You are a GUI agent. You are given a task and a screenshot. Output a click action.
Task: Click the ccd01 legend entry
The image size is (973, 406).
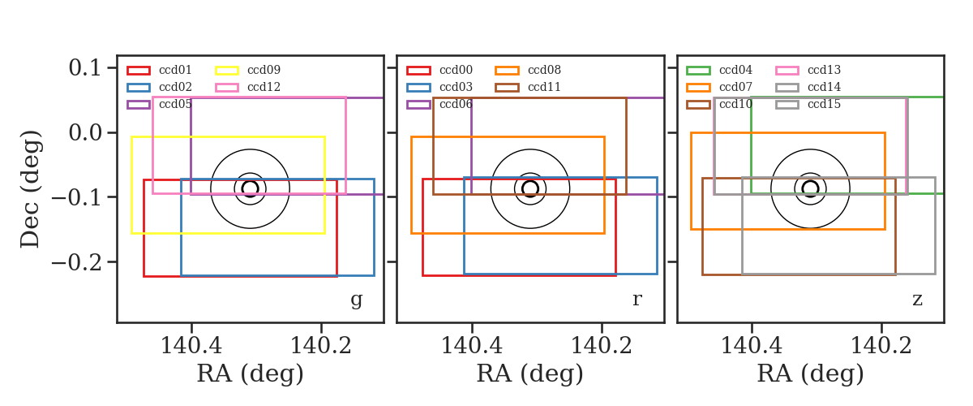click(x=159, y=70)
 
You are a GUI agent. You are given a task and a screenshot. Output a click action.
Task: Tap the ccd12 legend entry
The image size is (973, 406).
click(x=247, y=87)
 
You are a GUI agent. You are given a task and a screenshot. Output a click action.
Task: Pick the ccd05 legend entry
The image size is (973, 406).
click(x=159, y=105)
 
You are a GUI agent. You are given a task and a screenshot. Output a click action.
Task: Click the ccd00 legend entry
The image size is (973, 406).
click(x=439, y=70)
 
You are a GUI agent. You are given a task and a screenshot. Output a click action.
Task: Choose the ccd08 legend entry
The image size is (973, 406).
click(x=528, y=70)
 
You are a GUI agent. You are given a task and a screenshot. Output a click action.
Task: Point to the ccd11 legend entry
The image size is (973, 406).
click(x=528, y=87)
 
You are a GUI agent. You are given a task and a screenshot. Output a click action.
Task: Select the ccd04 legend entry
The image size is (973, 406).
click(x=719, y=70)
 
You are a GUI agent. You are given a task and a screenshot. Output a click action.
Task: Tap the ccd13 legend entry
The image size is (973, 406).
click(x=808, y=70)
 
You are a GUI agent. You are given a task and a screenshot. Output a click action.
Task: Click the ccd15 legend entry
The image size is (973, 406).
click(x=808, y=105)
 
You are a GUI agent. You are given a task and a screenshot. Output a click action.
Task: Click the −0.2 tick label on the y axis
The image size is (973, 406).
click(x=76, y=262)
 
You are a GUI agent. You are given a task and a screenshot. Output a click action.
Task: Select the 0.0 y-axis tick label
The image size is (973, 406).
click(x=84, y=132)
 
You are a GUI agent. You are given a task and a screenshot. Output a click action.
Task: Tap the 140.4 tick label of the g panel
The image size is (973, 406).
click(x=191, y=346)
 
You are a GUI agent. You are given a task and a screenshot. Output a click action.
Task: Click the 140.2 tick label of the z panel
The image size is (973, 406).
click(x=881, y=346)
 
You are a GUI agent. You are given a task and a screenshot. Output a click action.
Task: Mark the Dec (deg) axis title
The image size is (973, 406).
click(x=31, y=189)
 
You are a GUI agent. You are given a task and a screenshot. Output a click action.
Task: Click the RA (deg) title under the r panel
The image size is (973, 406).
click(x=530, y=374)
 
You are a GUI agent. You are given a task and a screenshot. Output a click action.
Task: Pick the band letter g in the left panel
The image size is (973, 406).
click(x=357, y=300)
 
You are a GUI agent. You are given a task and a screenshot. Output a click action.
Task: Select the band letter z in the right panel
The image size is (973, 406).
click(x=917, y=300)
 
